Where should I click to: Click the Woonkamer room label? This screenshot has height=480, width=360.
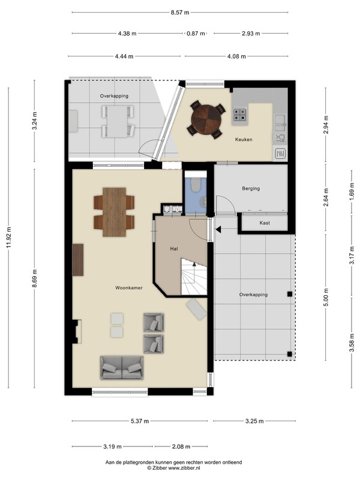click(129, 288)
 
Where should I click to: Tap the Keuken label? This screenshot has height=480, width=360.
click(244, 140)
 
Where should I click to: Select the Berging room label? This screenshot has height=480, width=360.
click(251, 188)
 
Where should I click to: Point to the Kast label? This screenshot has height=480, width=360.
click(265, 223)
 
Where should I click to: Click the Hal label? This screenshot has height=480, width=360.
click(174, 249)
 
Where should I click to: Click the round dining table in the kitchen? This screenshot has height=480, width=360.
click(206, 119)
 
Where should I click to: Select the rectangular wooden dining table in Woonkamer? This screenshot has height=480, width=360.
click(114, 212)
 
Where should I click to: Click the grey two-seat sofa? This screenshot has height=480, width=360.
click(122, 368)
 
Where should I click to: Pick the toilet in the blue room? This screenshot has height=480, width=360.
click(195, 185)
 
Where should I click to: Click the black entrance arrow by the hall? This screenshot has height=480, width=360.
click(218, 230)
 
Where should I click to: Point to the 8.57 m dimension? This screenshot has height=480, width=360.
click(180, 13)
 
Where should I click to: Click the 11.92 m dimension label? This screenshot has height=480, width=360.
click(8, 238)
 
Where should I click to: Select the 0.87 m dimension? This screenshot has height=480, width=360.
click(196, 34)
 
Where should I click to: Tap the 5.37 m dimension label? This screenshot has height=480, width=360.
click(140, 421)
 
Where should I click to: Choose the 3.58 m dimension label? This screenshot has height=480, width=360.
click(352, 344)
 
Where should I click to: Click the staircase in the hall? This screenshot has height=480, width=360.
click(194, 277)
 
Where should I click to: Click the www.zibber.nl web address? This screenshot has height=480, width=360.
click(184, 468)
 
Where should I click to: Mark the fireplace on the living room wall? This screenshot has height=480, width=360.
click(77, 332)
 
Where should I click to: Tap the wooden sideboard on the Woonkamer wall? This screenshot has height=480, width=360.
click(78, 260)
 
